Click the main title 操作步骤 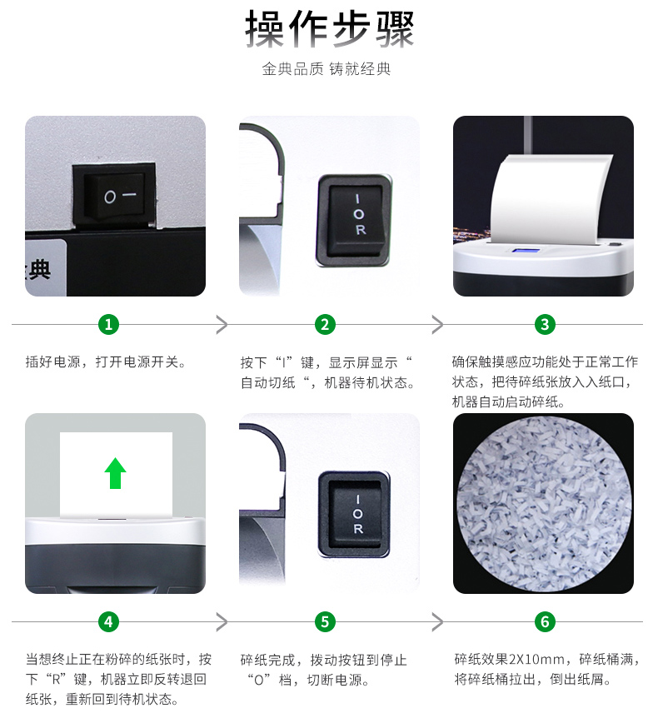[x=329, y=28]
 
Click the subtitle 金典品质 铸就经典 [x=326, y=69]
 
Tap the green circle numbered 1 [x=108, y=325]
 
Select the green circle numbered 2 [x=325, y=325]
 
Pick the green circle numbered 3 [x=545, y=325]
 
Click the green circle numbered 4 [x=108, y=622]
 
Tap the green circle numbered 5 [x=325, y=622]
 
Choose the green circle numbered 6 [x=545, y=622]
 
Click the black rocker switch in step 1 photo [x=114, y=196]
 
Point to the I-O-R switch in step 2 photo [x=355, y=220]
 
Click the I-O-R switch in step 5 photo [x=355, y=514]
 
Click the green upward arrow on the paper [x=116, y=473]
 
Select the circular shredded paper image [x=544, y=504]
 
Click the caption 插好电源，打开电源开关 [x=105, y=362]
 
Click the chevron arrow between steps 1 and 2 [x=222, y=325]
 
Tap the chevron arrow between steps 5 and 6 [x=438, y=622]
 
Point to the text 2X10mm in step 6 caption [x=536, y=660]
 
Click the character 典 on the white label [x=39, y=269]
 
